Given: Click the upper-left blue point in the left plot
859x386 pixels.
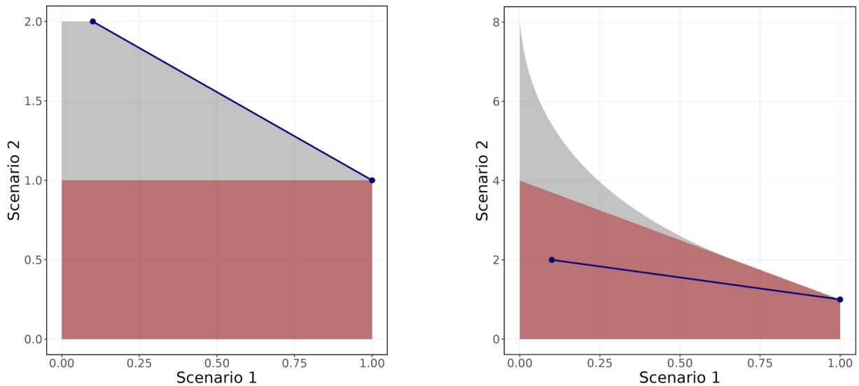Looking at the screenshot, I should (x=92, y=22).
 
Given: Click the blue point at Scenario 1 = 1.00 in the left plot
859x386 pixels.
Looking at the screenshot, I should (x=372, y=180).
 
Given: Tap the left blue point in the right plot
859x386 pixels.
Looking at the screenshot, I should (x=552, y=259).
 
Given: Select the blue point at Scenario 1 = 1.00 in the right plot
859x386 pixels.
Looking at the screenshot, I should (x=840, y=299).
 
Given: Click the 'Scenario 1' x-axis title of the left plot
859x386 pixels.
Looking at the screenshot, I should (x=216, y=378).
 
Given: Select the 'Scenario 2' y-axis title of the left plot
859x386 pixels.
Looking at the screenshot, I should (x=14, y=180).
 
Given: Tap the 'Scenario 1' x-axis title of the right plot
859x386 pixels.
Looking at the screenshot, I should (x=680, y=378).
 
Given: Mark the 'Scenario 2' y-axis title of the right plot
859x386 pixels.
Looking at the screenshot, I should (x=482, y=180).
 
